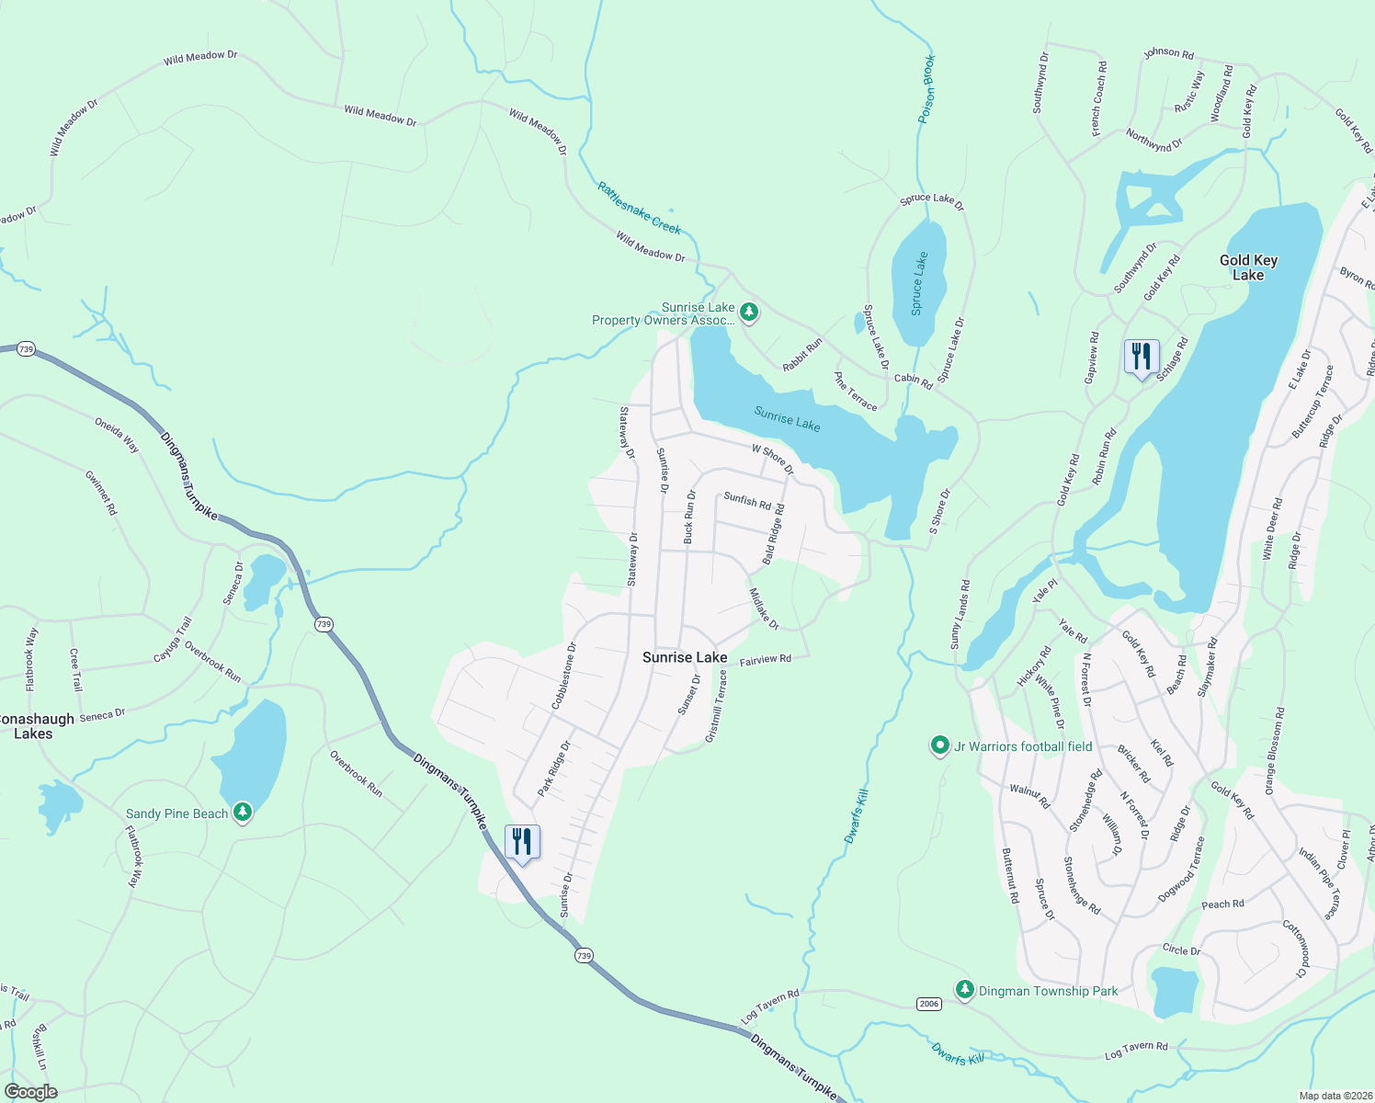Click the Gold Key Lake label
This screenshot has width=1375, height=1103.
pos(1248,267)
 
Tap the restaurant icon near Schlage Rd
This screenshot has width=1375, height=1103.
pos(1141,357)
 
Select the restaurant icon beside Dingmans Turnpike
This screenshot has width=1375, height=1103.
pos(522,842)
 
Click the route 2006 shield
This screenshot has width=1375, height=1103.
pos(928,1004)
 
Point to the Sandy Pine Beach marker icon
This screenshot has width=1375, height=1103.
pos(243,813)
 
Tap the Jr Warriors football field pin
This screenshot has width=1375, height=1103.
pos(939,745)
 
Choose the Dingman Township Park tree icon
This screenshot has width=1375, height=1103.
pos(964,990)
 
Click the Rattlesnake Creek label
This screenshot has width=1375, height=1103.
pos(639,208)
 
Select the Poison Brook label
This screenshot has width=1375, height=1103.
pos(927,90)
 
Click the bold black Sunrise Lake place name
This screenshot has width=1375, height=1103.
pos(685,657)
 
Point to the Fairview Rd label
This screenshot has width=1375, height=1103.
pos(766,660)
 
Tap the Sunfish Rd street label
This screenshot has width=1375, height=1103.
pos(747,501)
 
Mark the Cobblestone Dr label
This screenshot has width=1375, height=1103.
pos(563,676)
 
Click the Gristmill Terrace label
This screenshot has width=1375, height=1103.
pos(716,706)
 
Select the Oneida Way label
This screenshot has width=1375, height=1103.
pos(117,435)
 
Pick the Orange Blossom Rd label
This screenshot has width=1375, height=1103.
pos(1275,751)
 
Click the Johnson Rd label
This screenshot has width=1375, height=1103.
pos(1168,53)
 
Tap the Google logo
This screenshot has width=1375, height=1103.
pos(31,1092)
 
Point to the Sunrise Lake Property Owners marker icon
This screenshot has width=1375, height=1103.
pos(749,313)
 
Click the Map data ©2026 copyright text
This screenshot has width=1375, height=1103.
pos(1335,1096)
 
